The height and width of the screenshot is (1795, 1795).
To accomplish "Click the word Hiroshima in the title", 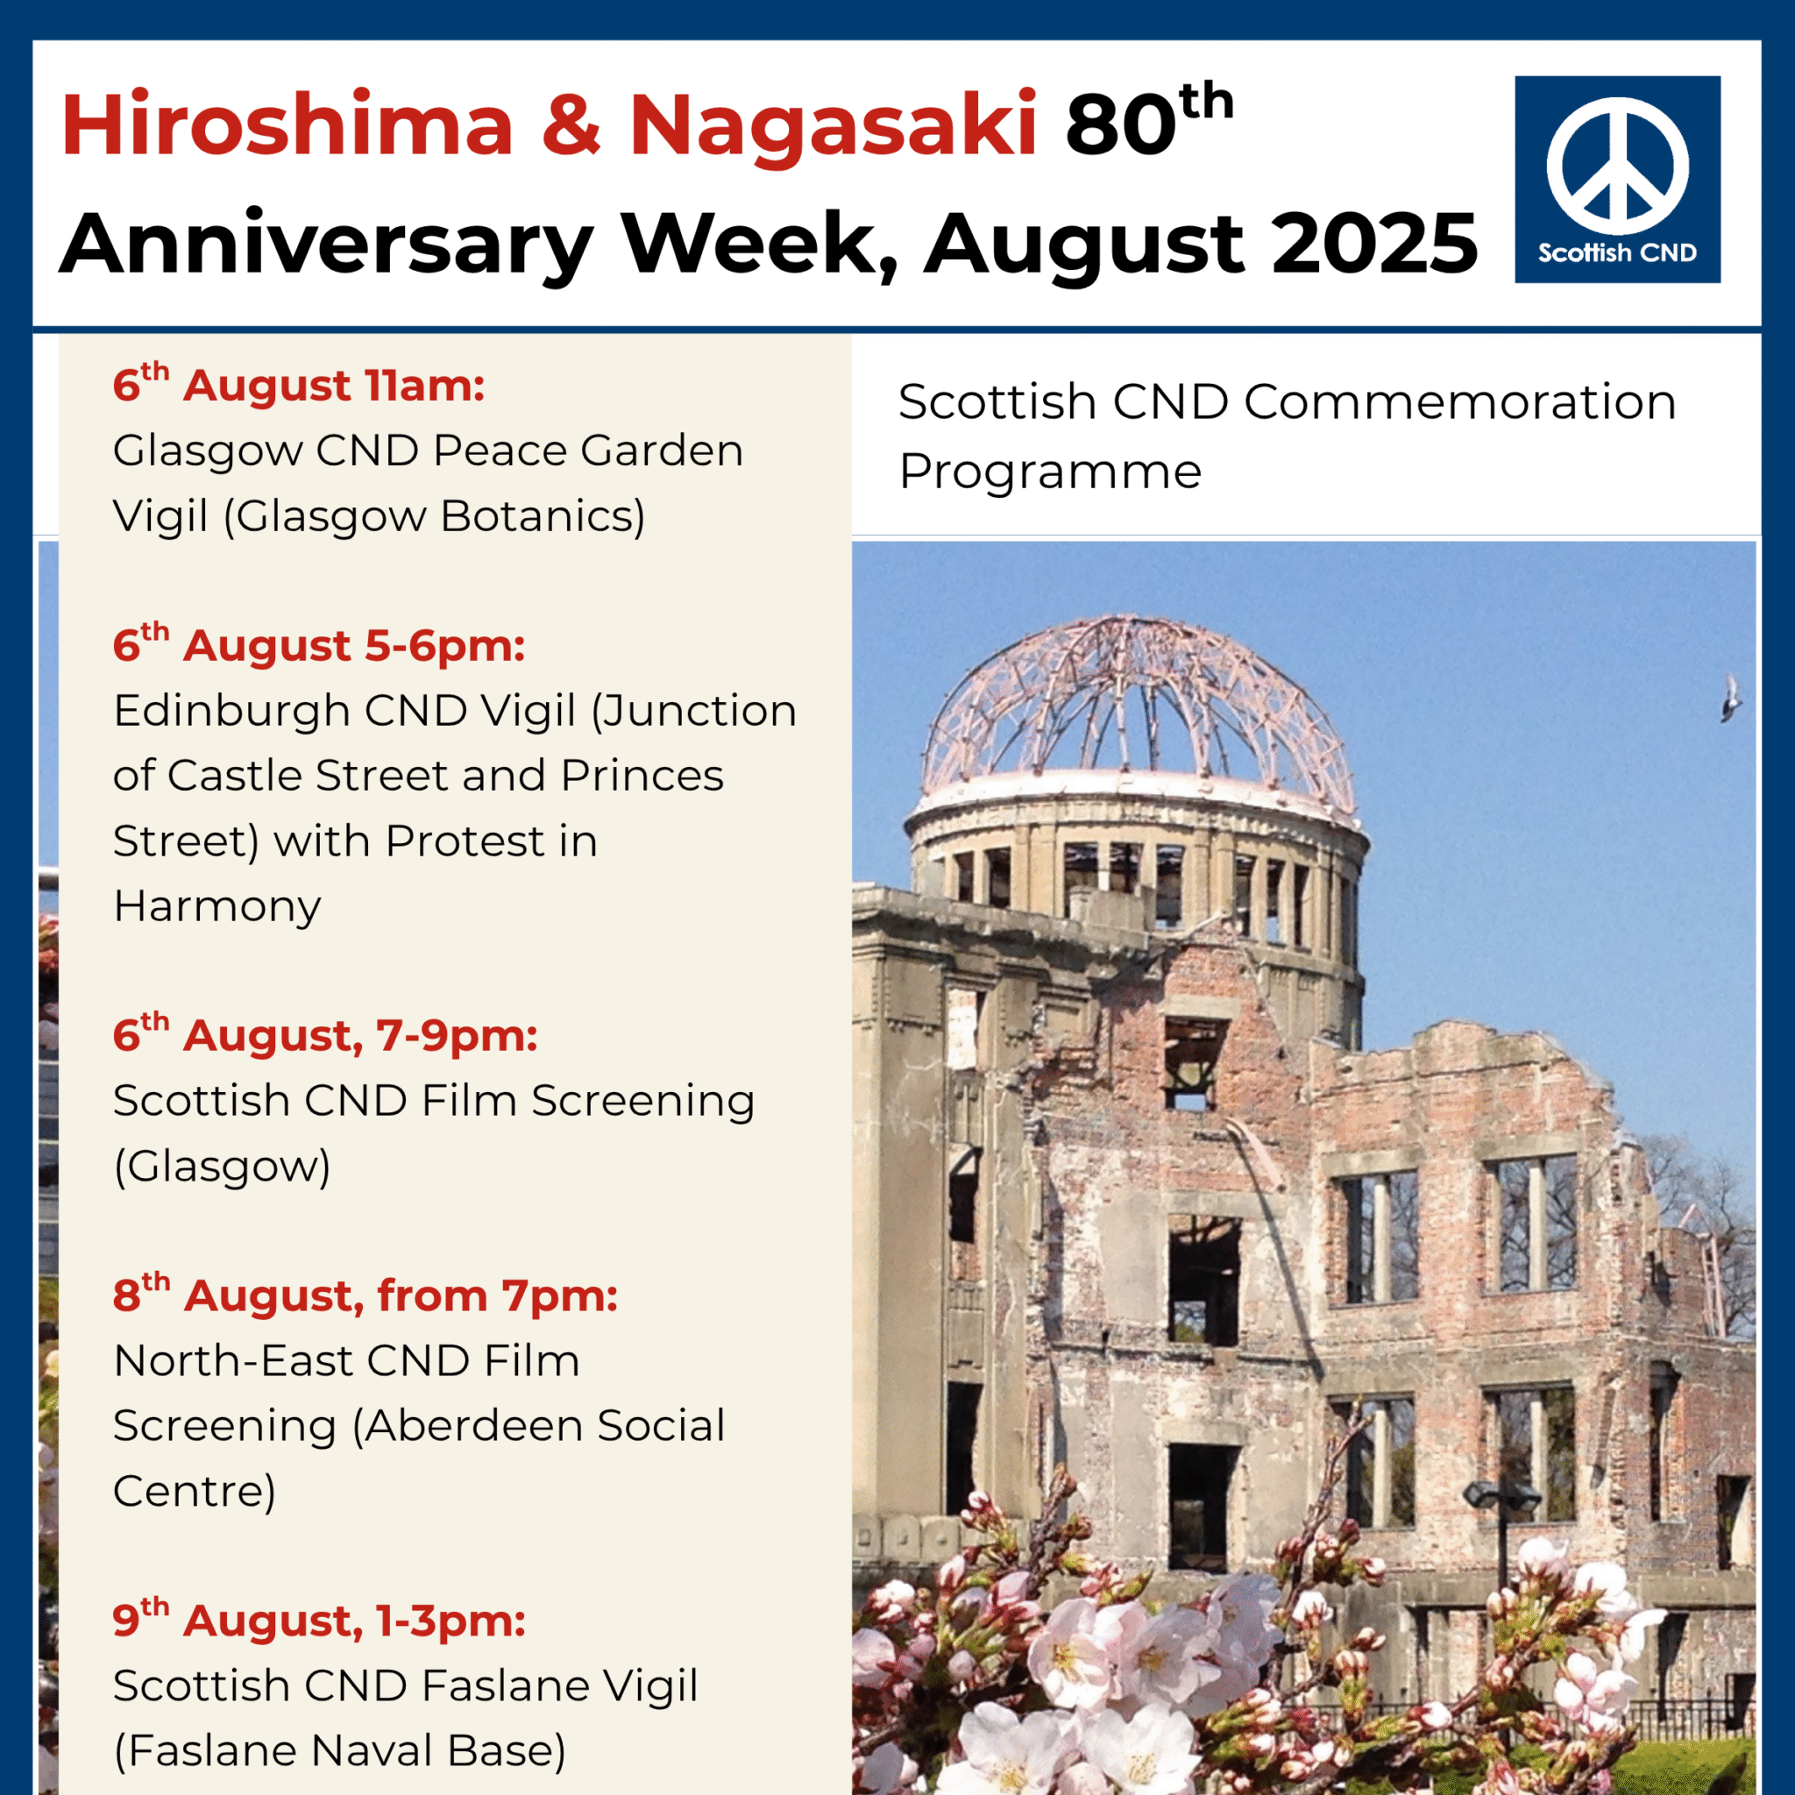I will click(x=287, y=125).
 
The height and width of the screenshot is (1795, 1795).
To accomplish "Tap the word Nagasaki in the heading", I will click(x=833, y=125).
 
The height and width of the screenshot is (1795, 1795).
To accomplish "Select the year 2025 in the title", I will click(x=1374, y=245).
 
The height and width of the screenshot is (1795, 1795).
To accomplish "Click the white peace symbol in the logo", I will click(x=1618, y=167).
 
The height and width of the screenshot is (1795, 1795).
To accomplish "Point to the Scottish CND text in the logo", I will click(x=1618, y=252).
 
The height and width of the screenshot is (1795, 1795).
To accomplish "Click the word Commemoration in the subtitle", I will click(x=1459, y=402).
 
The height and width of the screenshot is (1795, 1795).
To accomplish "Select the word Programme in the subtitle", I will click(x=1050, y=471).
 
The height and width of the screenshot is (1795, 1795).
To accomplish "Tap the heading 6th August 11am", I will click(x=298, y=386).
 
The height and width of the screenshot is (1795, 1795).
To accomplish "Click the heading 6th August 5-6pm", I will click(x=319, y=646).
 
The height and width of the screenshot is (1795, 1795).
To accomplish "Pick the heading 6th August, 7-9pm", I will click(x=325, y=1036).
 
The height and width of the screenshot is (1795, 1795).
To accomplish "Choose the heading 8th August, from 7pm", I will click(x=365, y=1296).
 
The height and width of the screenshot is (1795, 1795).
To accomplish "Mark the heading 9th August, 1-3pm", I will click(x=319, y=1621).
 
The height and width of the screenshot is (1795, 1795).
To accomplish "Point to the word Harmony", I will click(x=217, y=906).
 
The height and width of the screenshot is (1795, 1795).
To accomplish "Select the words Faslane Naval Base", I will click(x=340, y=1751).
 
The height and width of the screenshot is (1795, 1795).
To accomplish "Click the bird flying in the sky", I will click(x=1731, y=699).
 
